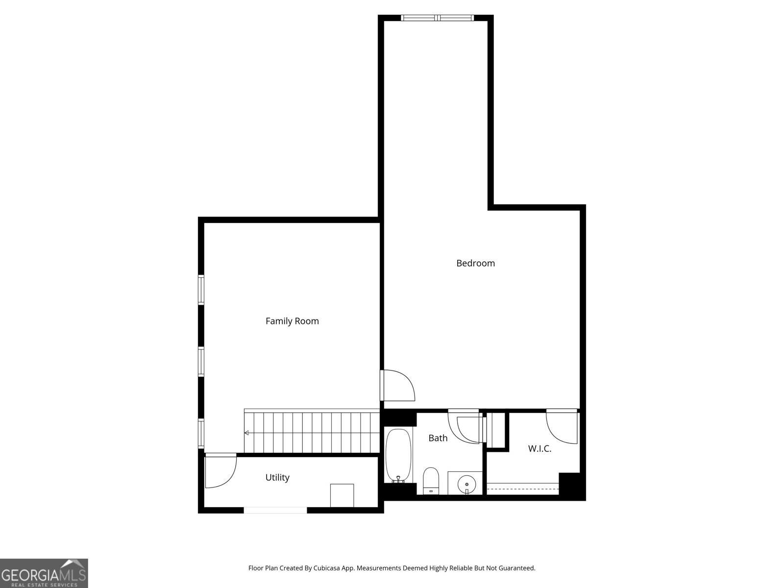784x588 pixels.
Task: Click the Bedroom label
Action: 475,263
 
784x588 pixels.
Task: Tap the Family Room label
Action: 292,321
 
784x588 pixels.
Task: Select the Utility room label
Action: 277,477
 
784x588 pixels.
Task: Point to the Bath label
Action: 438,438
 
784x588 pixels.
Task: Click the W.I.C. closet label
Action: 539,449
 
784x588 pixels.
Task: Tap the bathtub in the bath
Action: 398,456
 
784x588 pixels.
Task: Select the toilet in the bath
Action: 431,481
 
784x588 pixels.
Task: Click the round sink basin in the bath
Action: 466,484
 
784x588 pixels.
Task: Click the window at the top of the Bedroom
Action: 437,18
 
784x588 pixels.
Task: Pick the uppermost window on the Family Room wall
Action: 201,290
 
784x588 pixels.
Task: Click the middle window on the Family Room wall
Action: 201,361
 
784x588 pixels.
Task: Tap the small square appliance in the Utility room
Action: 342,495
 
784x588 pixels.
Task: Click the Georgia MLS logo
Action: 44,573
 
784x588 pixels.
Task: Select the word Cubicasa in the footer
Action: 326,568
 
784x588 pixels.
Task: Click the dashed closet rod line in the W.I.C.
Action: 523,489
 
